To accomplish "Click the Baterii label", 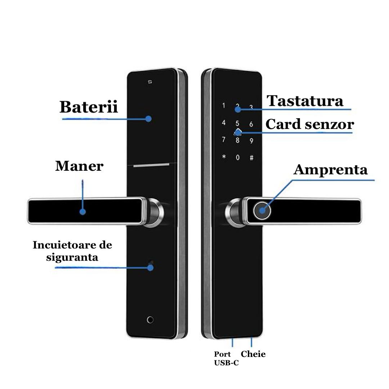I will coord(89,107).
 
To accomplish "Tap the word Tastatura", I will coord(305,101).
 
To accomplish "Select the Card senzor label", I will coord(309,124).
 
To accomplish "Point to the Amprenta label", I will coord(330,170).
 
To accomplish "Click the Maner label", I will coord(79,166).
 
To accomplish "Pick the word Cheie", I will coord(253,354).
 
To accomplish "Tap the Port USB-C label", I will coord(226,358).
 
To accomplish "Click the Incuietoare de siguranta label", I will coord(72,251).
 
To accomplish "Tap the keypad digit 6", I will coord(251,124).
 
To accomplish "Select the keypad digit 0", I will coord(237,158).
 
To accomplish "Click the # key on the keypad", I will coord(251,158).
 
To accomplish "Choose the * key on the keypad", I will coord(224,157).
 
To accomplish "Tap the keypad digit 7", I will coord(224,140).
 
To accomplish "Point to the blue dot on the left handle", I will coord(82,212).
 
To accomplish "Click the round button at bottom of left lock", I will coord(150,319).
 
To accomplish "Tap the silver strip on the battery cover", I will coord(151,165).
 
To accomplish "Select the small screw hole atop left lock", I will coord(150,82).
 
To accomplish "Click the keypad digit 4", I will coord(224,123).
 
